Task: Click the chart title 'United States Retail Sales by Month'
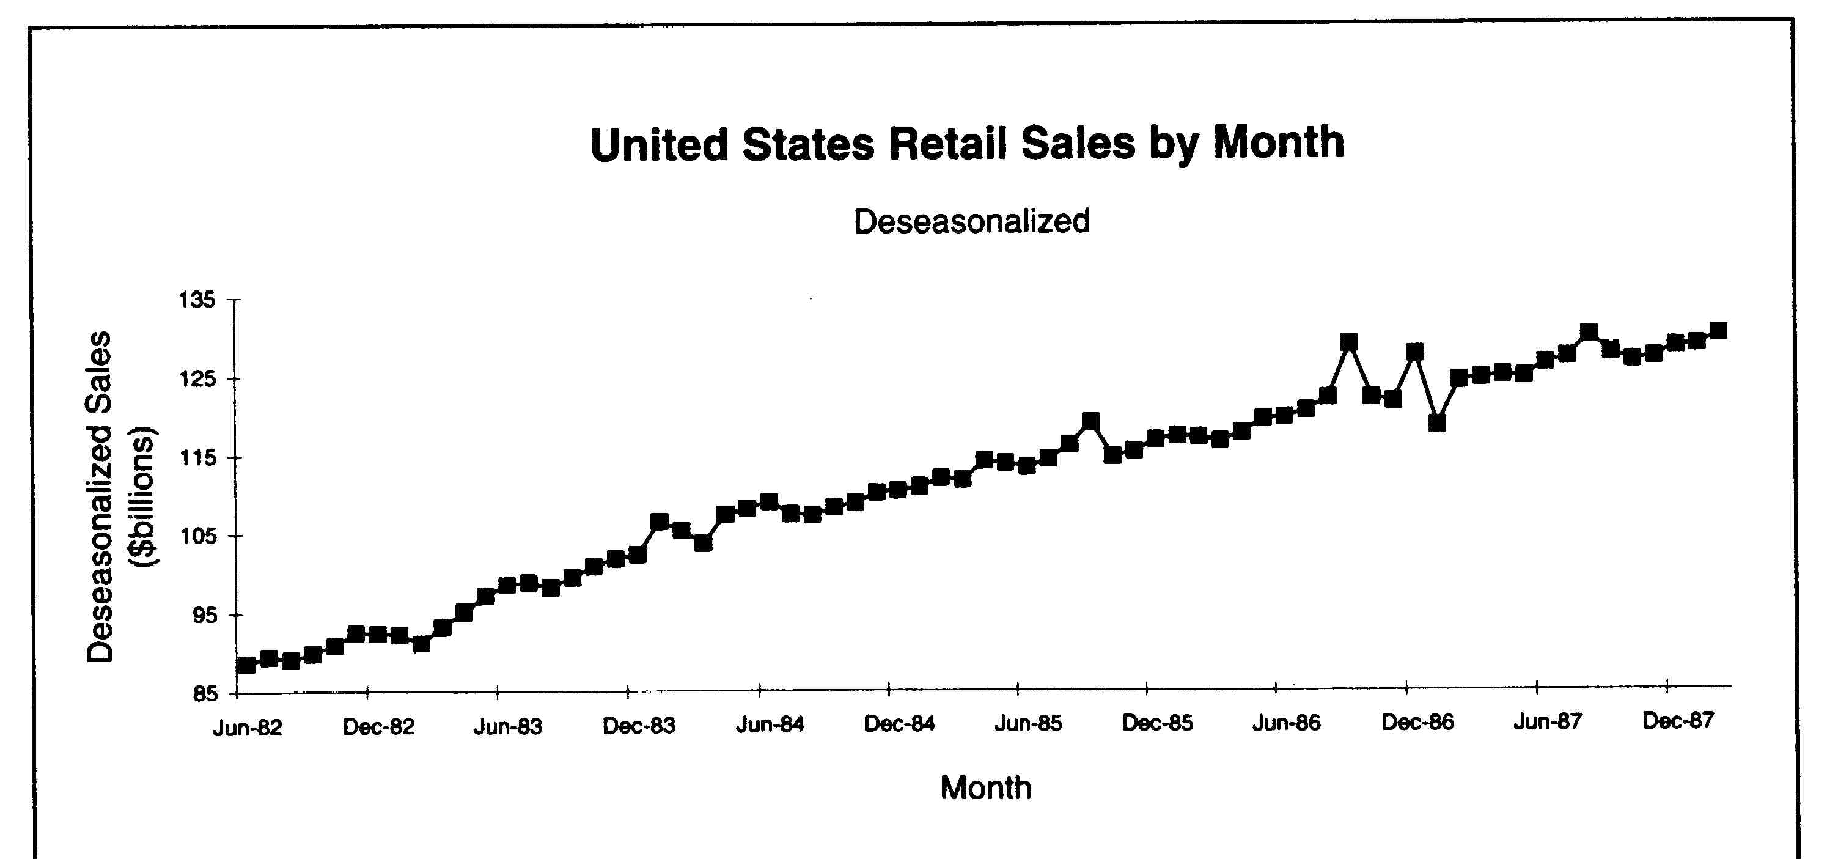click(967, 144)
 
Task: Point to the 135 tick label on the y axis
click(196, 300)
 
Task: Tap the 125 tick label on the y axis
click(196, 379)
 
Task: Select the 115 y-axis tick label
click(196, 457)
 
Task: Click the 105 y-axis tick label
click(196, 536)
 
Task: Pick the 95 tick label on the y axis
click(204, 615)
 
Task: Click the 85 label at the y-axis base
click(204, 694)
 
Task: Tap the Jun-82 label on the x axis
click(248, 728)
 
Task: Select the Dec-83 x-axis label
click(638, 726)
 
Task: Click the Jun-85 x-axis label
click(1027, 723)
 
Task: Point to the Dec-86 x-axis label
click(1417, 723)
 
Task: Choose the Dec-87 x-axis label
click(1677, 721)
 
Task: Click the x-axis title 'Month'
click(985, 788)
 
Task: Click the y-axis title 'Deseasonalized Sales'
click(99, 496)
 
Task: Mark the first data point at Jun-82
click(247, 665)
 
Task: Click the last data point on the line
click(1718, 331)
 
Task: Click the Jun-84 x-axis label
click(770, 725)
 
